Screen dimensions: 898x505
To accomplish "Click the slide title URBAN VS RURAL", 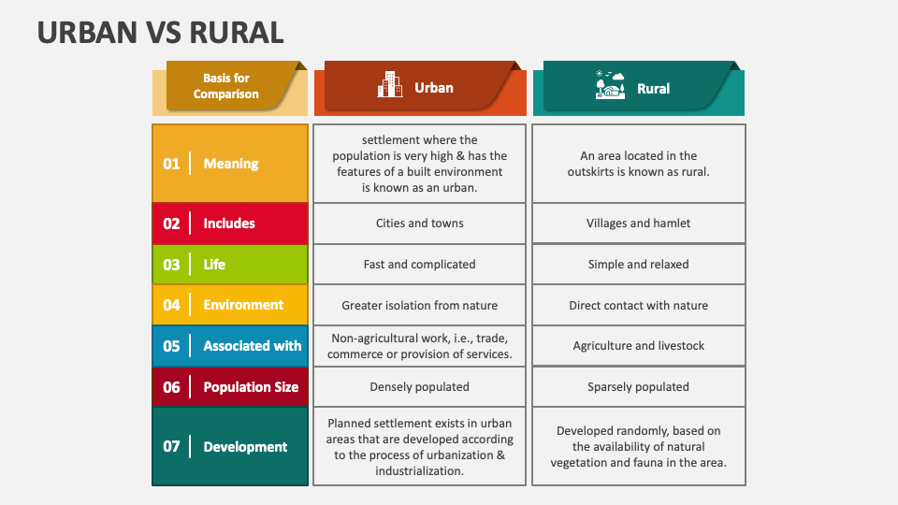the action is [160, 32].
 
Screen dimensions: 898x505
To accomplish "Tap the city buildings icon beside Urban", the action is [389, 85].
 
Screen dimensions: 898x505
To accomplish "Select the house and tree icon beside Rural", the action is [610, 85].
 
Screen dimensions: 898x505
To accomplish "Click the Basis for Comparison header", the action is [225, 86].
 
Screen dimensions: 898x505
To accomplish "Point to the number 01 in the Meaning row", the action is [171, 165].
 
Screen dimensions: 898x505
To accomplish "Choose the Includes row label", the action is [229, 224].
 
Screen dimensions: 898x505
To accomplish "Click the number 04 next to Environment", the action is [171, 305].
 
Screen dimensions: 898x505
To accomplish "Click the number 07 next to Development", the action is [171, 447].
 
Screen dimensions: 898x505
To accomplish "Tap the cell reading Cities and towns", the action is [420, 224].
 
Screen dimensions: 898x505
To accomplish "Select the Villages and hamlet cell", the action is [639, 224].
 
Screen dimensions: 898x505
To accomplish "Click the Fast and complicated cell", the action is [420, 265].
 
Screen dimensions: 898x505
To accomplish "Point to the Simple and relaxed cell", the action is [639, 265].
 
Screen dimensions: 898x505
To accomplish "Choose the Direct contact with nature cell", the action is [639, 305].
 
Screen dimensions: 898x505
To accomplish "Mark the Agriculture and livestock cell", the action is [639, 346].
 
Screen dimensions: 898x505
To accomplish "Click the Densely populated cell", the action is [420, 387].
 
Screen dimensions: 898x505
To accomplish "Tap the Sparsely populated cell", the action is [639, 387].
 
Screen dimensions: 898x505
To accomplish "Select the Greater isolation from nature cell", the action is [420, 305].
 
